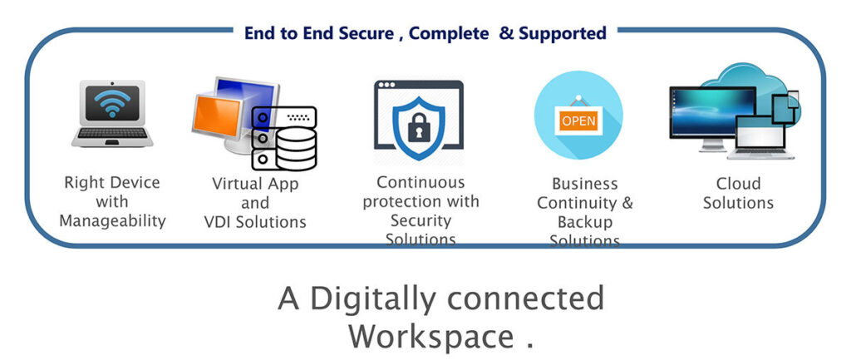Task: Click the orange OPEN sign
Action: [x=578, y=121]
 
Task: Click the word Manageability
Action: [x=113, y=221]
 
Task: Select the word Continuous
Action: [x=421, y=182]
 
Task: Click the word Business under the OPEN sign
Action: [x=585, y=183]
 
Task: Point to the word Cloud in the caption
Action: [x=738, y=183]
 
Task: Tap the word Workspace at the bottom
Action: [x=430, y=337]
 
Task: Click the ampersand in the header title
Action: [x=506, y=34]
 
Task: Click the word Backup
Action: [x=585, y=222]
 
